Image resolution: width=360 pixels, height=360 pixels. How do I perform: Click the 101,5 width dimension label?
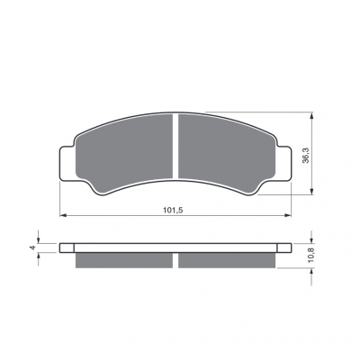[173, 211]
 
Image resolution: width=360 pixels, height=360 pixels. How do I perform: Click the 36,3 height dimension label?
[306, 156]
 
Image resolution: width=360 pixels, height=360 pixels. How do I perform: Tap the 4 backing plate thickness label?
[33, 247]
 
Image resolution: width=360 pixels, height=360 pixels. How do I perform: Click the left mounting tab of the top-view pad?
[67, 164]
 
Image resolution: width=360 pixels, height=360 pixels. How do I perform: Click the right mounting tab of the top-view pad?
[283, 164]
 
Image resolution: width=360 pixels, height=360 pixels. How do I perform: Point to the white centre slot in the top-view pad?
[175, 146]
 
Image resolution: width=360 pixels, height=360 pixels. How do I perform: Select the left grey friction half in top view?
[124, 153]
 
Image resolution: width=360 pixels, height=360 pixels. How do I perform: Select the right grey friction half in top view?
[227, 153]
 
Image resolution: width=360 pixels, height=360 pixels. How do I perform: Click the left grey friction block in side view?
[124, 260]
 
